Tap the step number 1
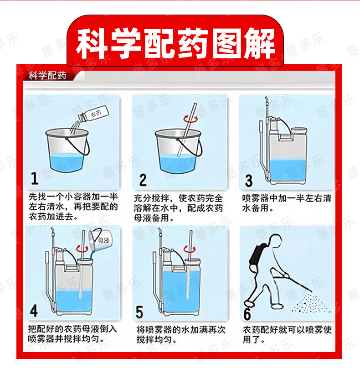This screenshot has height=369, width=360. (x=35, y=178)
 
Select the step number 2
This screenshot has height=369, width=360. (x=143, y=180)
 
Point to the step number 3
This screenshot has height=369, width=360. (x=249, y=181)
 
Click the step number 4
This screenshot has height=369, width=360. (x=34, y=311)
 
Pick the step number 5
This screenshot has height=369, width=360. (x=139, y=312)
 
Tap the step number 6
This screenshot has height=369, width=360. (x=247, y=314)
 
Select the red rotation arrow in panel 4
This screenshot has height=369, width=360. (x=82, y=249)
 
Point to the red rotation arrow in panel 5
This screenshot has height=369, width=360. (x=190, y=249)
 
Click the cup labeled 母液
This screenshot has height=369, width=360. (x=101, y=240)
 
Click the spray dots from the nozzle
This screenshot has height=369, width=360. (x=310, y=303)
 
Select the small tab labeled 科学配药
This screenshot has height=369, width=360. (x=47, y=76)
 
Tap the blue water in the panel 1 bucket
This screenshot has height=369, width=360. (x=66, y=162)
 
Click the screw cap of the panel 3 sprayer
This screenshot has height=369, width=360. (x=299, y=130)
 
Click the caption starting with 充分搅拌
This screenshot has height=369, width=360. (x=178, y=208)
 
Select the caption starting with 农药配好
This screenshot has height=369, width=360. (x=287, y=334)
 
